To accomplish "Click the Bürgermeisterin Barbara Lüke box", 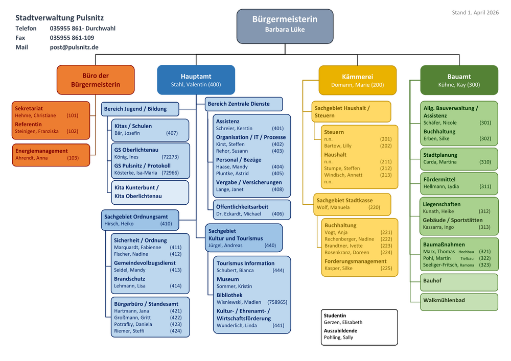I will [285, 26].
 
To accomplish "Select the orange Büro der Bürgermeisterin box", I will [96, 80].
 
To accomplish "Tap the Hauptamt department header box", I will [196, 80].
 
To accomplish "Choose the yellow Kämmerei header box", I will [357, 80].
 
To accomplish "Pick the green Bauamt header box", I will [458, 80].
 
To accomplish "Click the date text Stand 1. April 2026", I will [475, 13].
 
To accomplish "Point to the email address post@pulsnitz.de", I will [74, 47].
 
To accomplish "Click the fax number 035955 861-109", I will [72, 38].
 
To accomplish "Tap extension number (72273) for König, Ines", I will [170, 157].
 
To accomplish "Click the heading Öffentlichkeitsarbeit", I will [242, 207].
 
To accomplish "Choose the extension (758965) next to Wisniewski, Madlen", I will [277, 302].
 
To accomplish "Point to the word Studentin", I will [335, 316].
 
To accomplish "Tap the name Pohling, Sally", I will [338, 338].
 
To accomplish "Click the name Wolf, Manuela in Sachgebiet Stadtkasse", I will [333, 208].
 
